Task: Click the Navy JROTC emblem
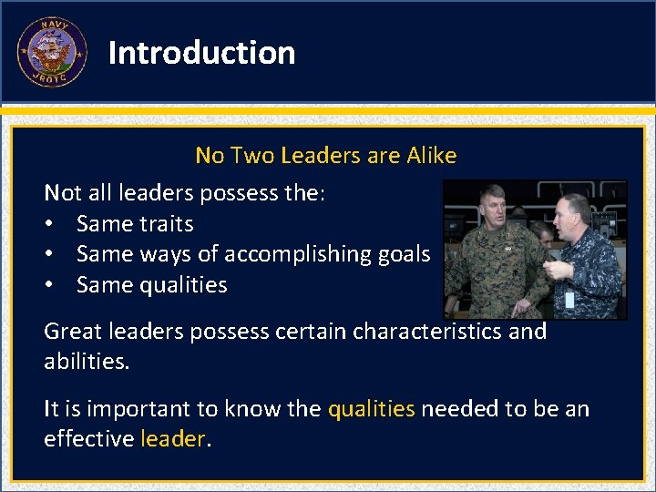(x=52, y=52)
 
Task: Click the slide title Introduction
(x=201, y=53)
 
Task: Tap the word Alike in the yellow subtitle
(x=428, y=156)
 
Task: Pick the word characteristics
(x=427, y=331)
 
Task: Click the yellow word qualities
(x=371, y=408)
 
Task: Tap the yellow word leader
(x=173, y=438)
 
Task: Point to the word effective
(x=88, y=438)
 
